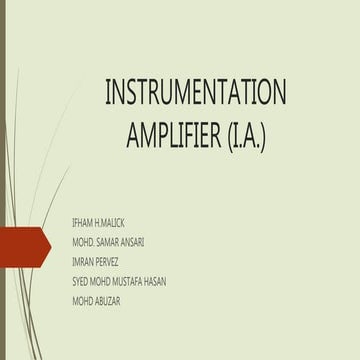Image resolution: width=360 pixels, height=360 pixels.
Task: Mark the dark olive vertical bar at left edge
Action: (x=3, y=180)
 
